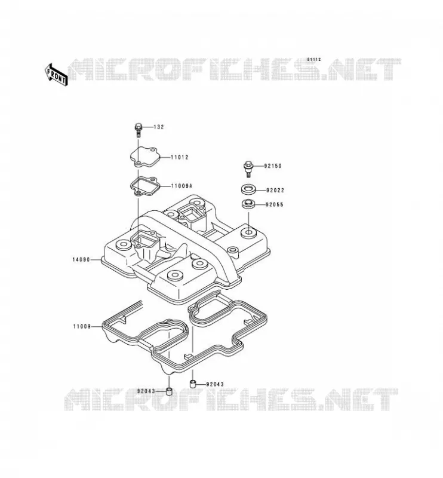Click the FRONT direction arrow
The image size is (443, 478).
click(x=56, y=75)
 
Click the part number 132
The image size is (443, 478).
click(x=158, y=127)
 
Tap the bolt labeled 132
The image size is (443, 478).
click(x=139, y=130)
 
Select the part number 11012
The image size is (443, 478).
click(x=179, y=157)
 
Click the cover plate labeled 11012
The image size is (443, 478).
click(x=143, y=158)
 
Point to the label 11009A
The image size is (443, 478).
click(x=181, y=186)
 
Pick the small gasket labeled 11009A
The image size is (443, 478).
click(x=143, y=186)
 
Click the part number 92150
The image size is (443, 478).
click(x=273, y=166)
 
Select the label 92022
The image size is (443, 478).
click(x=275, y=190)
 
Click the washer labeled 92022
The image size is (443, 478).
click(x=248, y=189)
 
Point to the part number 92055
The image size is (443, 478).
click(x=274, y=204)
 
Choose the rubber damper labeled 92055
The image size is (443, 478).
click(x=248, y=204)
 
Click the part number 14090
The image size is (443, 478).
click(x=81, y=260)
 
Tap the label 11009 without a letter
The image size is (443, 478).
click(x=82, y=326)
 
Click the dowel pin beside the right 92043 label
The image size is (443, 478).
click(x=193, y=384)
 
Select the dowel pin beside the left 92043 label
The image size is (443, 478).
click(x=169, y=391)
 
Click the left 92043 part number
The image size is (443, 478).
click(x=146, y=391)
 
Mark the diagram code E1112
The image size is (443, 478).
click(x=313, y=59)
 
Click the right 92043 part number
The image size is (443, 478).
click(x=215, y=384)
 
